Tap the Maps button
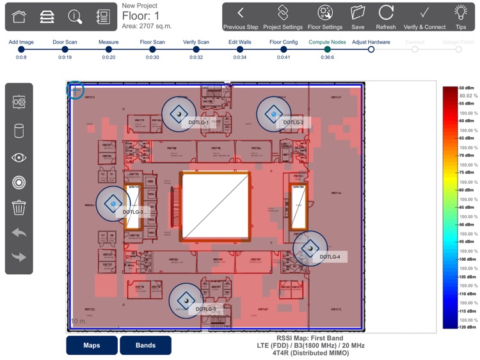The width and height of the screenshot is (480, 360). (x=92, y=345)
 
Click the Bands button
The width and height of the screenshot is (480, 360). (x=145, y=345)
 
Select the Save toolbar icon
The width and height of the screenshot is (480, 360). (x=358, y=13)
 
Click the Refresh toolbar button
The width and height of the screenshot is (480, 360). (x=386, y=13)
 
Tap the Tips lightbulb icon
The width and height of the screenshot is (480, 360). (x=460, y=13)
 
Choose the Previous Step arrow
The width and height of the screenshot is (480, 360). (x=241, y=13)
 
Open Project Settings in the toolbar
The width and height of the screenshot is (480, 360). (x=283, y=13)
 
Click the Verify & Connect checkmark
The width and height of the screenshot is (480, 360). (x=424, y=13)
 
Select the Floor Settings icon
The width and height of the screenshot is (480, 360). (x=325, y=13)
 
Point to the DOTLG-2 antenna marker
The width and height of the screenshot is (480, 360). (x=274, y=113)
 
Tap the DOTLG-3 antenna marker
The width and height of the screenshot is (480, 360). (x=113, y=203)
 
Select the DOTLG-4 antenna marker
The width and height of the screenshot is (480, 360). (x=310, y=248)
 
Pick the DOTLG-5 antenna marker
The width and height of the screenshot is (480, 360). (x=186, y=300)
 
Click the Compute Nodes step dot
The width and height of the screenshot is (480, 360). (x=327, y=49)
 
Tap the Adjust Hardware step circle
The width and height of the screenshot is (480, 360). (x=371, y=49)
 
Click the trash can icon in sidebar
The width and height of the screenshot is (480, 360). (x=19, y=208)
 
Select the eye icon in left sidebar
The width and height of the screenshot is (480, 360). (x=19, y=158)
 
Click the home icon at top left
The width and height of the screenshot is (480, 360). (x=19, y=17)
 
